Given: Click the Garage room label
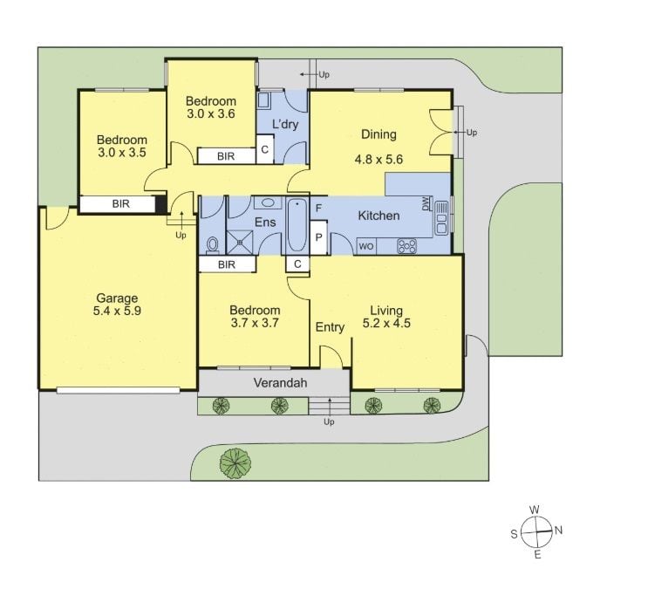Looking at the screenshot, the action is (x=117, y=298).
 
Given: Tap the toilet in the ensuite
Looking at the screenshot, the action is (x=213, y=244).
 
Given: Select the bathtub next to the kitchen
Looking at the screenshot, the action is (x=297, y=225).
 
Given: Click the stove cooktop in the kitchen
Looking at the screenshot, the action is (x=407, y=246).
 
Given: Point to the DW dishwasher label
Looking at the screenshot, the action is (x=426, y=204).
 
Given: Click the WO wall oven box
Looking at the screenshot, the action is (x=366, y=247).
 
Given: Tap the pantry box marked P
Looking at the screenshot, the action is (x=318, y=237).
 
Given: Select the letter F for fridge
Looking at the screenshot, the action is (x=318, y=208).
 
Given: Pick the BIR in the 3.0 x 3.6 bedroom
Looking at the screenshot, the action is (x=226, y=156).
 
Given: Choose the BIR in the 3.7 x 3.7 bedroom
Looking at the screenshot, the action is (x=227, y=264).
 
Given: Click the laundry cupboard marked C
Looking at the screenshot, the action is (x=265, y=149).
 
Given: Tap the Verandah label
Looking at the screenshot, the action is (x=280, y=382).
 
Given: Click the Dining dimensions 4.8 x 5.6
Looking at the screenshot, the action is (x=379, y=159).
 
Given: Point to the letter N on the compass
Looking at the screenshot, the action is (x=558, y=530).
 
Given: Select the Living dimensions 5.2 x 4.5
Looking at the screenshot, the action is (x=386, y=323).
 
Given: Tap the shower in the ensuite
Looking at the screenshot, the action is (x=240, y=242).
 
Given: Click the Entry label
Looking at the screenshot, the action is (x=330, y=327).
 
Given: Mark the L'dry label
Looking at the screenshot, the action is (x=285, y=124).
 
